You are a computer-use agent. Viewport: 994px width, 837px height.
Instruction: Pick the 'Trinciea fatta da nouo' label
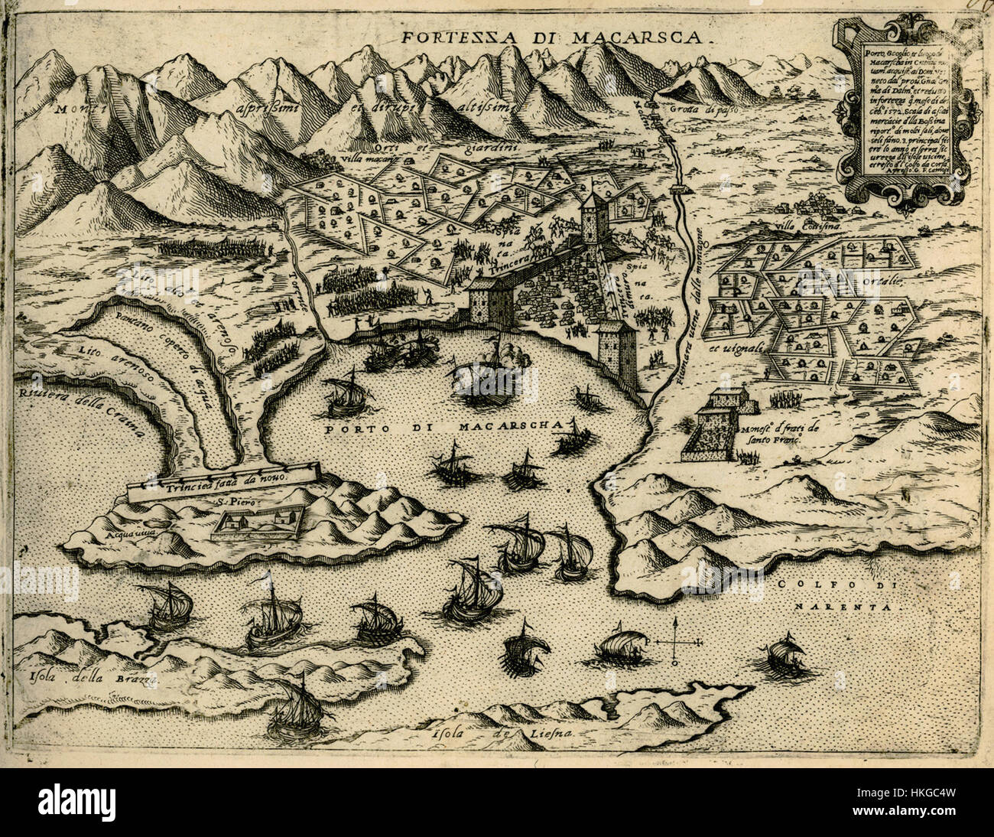point(226,480)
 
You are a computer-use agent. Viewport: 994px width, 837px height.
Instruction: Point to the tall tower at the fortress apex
point(592,215)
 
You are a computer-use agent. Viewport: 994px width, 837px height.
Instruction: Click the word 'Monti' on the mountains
point(78,109)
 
